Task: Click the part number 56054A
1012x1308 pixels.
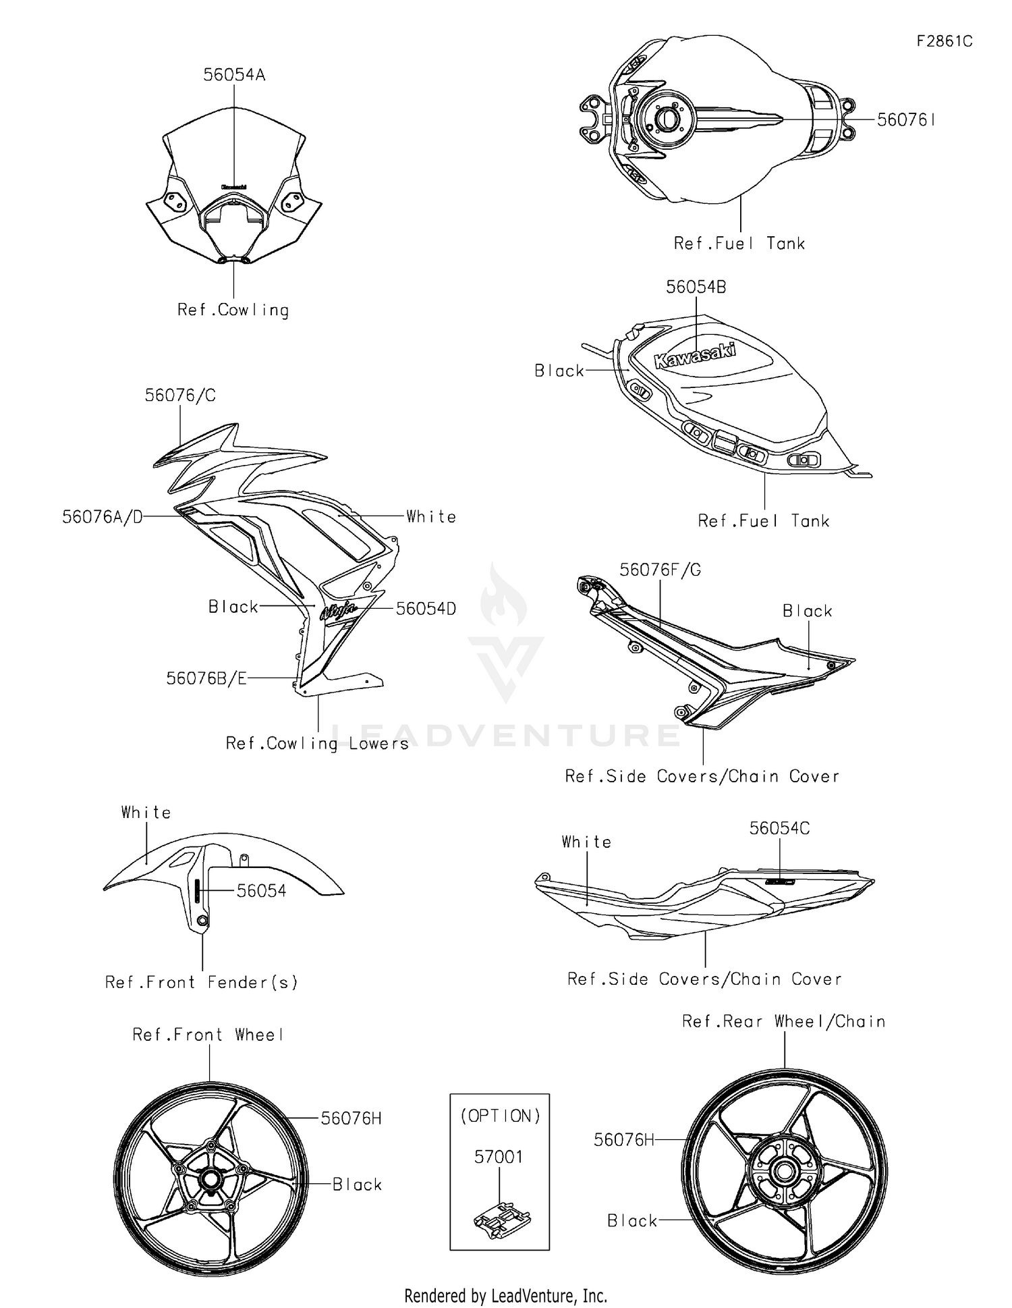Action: (x=234, y=75)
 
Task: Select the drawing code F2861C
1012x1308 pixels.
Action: (x=944, y=41)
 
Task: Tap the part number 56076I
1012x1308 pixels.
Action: (x=905, y=120)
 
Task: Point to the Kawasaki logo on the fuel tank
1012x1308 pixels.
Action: (x=695, y=355)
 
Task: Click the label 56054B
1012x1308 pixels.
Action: (x=696, y=287)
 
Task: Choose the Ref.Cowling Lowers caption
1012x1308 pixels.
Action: (x=317, y=744)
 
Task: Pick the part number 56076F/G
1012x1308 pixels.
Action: (x=660, y=570)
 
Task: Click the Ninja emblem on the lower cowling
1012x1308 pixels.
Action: (x=338, y=611)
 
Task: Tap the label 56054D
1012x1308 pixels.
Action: (x=426, y=609)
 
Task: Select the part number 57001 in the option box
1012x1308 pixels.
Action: (x=499, y=1157)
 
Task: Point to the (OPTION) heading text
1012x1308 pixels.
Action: (x=500, y=1116)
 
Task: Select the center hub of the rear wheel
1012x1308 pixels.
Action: (x=785, y=1170)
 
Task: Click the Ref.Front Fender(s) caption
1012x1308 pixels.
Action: (x=201, y=983)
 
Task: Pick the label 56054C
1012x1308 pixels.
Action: (x=779, y=828)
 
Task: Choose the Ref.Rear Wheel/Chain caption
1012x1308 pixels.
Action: (x=783, y=1022)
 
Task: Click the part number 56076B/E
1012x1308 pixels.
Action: (x=206, y=678)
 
